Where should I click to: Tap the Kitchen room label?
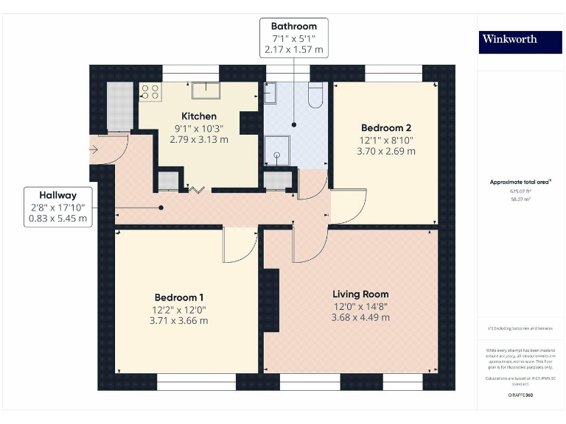(199, 116)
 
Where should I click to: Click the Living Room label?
(360, 294)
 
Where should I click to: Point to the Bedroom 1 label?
(178, 297)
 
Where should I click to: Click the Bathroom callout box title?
(293, 26)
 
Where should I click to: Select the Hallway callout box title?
(58, 195)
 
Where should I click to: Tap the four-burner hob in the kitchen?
(151, 92)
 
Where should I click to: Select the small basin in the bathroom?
(270, 93)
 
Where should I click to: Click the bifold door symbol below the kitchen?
(197, 190)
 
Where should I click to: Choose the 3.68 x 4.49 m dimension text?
(360, 318)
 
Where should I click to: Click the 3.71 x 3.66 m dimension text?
(178, 320)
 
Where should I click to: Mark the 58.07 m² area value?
(520, 199)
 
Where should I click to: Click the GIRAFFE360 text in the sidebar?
(520, 395)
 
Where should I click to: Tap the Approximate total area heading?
(520, 182)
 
